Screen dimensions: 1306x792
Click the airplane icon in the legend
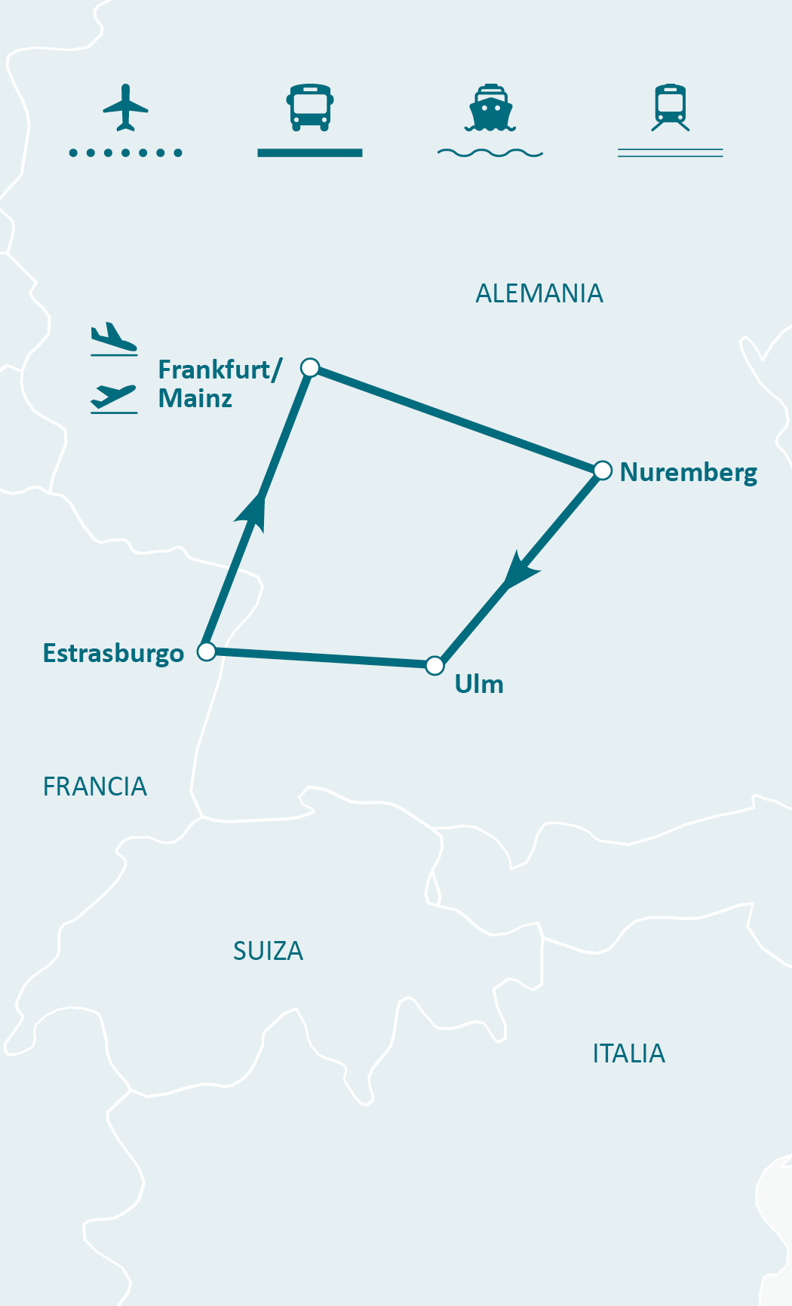pos(125,107)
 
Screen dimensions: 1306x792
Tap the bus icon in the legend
pos(309,107)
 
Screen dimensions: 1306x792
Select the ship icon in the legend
pos(490,108)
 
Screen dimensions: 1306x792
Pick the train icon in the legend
pos(671,107)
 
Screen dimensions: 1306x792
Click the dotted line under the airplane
pos(125,153)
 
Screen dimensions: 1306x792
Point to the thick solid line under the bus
pos(309,153)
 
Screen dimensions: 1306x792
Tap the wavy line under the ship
pos(490,153)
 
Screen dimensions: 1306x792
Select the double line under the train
pos(671,153)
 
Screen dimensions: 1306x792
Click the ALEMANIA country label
pos(539,293)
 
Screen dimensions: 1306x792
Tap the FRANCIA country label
pos(95,786)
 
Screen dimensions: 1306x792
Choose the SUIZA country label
pos(268,951)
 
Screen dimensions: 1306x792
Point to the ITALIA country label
pos(628,1053)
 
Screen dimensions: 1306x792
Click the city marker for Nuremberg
pos(602,471)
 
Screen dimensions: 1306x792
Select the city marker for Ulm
pos(434,665)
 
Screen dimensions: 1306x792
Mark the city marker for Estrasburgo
pos(206,651)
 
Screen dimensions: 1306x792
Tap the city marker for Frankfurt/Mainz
pos(310,368)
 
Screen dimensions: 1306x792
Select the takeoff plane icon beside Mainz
pos(114,397)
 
